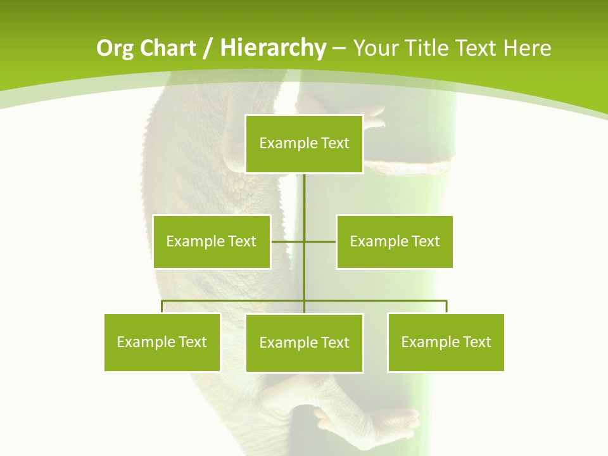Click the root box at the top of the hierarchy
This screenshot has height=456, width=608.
click(304, 144)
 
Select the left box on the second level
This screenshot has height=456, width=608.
click(212, 241)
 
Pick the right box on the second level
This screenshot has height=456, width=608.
click(395, 241)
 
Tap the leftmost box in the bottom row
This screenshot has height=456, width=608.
click(162, 342)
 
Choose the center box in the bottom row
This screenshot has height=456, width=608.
click(304, 343)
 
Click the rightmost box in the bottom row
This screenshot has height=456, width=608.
click(446, 342)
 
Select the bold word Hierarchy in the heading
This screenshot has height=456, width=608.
click(273, 48)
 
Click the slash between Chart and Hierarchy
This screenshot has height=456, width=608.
click(208, 48)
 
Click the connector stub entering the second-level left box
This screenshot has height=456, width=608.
click(287, 241)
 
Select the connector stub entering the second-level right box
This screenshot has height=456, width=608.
click(320, 241)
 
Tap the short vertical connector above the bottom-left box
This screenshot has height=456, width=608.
click(162, 307)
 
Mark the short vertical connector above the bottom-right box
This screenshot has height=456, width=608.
click(446, 307)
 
